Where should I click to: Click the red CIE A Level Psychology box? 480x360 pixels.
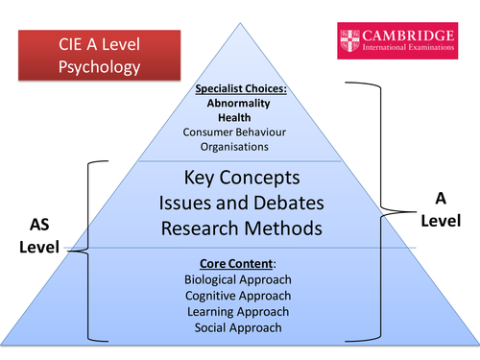click(81, 55)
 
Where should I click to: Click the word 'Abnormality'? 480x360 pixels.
click(238, 104)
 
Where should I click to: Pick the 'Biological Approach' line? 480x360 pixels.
click(238, 279)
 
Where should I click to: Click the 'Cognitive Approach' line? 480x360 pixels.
click(238, 296)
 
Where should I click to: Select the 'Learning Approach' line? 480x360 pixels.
click(238, 312)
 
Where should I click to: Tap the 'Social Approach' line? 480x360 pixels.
click(238, 328)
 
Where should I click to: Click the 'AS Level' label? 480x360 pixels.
click(35, 236)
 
